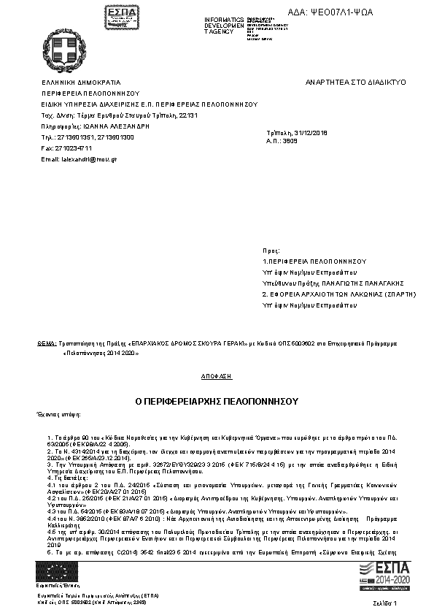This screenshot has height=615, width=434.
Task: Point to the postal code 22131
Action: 188,115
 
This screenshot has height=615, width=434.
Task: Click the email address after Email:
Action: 89,158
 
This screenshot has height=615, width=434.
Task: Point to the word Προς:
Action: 270,249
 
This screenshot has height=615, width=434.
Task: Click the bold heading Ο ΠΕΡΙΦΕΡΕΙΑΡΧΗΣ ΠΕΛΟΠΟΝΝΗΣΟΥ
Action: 217,402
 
